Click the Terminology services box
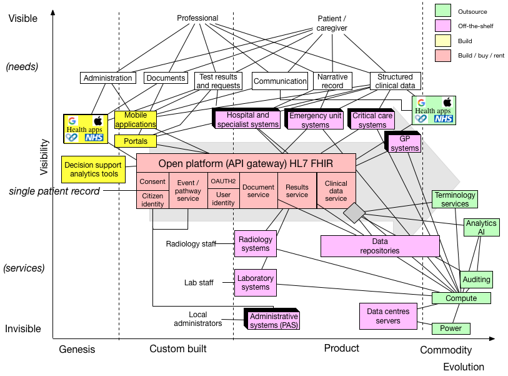coord(455,200)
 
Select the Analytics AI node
coord(481,227)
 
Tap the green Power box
coord(451,328)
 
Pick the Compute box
coord(461,298)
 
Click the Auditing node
coord(476,279)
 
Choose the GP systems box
coord(405,144)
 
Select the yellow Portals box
coord(136,141)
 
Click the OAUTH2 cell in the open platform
coord(223,181)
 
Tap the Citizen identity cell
coord(152,200)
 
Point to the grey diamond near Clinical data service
coord(354,213)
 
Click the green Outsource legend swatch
coord(443,11)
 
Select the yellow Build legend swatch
coord(443,41)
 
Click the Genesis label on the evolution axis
coord(77,349)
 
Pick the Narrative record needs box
coord(332,81)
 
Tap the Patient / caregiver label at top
coord(332,24)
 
